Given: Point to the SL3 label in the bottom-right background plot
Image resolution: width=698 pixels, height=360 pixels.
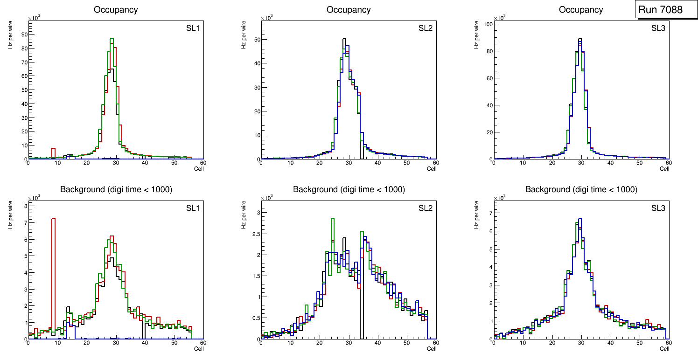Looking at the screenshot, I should click(658, 208).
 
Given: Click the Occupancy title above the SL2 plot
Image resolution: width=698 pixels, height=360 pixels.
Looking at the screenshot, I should click(349, 10).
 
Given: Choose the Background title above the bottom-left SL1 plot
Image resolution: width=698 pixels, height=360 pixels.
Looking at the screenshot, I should click(116, 189).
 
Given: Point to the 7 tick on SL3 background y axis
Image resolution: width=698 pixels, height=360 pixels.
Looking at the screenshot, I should click(490, 213).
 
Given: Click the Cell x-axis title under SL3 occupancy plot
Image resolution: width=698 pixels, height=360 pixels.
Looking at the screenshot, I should click(664, 169).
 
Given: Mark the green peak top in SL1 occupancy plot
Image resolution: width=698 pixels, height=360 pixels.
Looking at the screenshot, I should click(112, 39).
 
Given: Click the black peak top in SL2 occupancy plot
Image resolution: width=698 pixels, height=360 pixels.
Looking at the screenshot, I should click(344, 39).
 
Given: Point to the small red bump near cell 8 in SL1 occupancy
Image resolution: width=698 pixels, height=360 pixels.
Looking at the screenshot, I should click(54, 149).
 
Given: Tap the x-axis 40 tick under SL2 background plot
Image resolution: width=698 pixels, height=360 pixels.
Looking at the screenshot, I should click(377, 343).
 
